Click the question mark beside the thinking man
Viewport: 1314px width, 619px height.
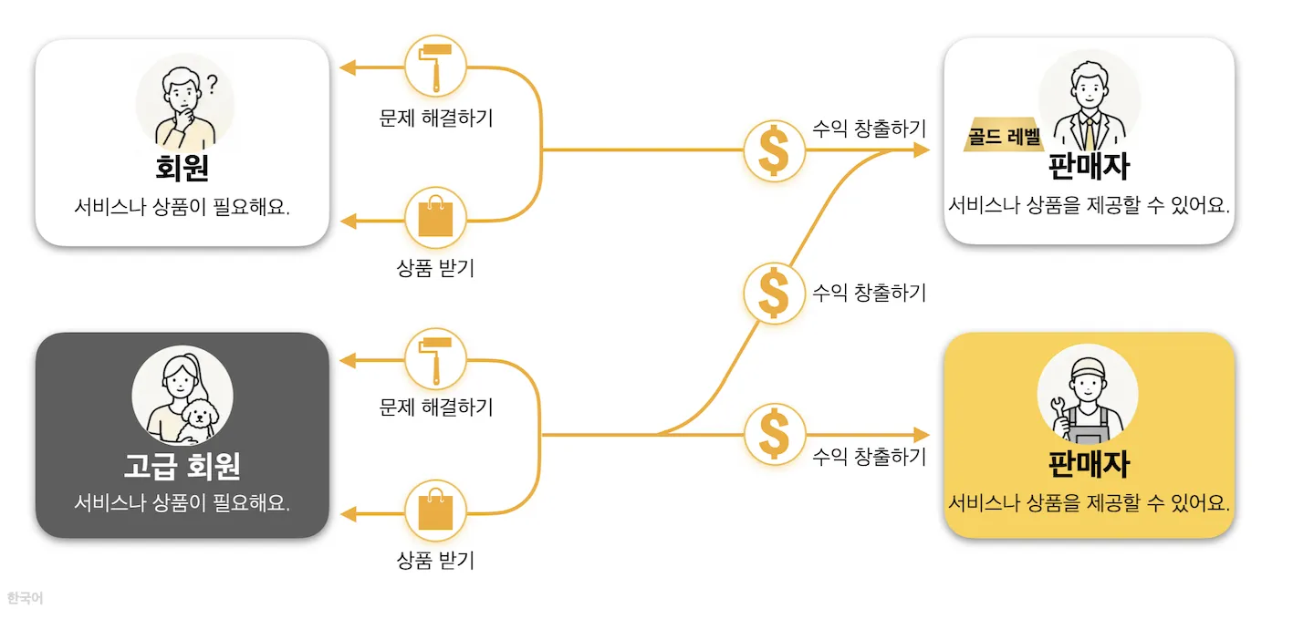[x=213, y=84]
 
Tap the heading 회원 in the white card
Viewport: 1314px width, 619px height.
[x=182, y=169]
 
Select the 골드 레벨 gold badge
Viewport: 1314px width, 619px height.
[x=1003, y=137]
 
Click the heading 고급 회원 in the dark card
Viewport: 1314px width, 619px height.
[x=182, y=466]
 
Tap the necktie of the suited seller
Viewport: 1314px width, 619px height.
[x=1089, y=135]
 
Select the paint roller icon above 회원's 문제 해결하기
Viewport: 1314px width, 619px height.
[x=435, y=67]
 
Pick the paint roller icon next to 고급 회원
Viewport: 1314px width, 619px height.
[x=435, y=359]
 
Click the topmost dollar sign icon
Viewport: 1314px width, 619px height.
[x=775, y=150]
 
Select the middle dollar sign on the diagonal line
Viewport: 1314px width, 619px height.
[x=775, y=293]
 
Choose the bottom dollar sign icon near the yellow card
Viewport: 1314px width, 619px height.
[x=775, y=434]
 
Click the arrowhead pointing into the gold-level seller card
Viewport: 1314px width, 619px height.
[x=923, y=150]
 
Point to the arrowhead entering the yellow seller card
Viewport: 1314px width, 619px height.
[x=923, y=434]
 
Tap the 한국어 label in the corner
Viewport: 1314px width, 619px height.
[x=25, y=598]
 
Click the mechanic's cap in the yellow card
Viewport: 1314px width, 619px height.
[x=1088, y=367]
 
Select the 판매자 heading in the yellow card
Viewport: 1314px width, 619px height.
[x=1089, y=464]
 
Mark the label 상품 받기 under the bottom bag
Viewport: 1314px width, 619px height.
[x=435, y=561]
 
